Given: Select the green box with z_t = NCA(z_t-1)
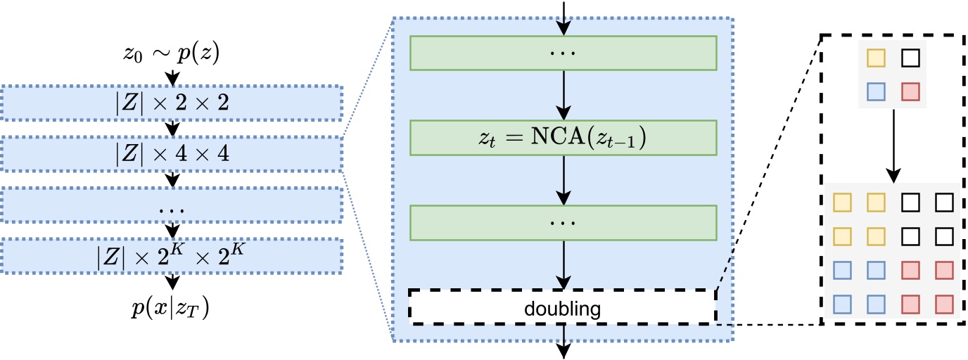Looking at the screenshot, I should (x=563, y=138).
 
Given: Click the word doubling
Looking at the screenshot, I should (x=563, y=307).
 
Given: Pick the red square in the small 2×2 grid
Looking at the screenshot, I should (x=910, y=93).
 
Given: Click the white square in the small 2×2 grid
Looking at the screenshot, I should (x=910, y=58).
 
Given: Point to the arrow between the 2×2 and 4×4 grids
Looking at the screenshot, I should (x=893, y=144).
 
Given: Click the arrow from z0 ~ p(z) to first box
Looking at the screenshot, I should (x=172, y=76).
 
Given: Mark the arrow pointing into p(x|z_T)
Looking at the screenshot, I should (x=172, y=282).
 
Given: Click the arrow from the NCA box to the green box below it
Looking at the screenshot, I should (x=563, y=179).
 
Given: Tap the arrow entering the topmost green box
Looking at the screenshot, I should (x=563, y=18).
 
